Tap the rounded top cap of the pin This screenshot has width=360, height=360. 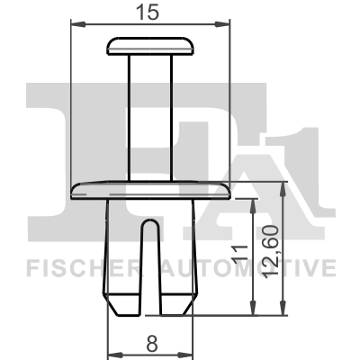[x=151, y=45]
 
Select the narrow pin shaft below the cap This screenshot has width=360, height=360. [x=150, y=117]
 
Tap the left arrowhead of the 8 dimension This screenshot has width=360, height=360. [x=112, y=353]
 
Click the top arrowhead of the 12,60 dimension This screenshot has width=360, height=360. [x=284, y=184]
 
